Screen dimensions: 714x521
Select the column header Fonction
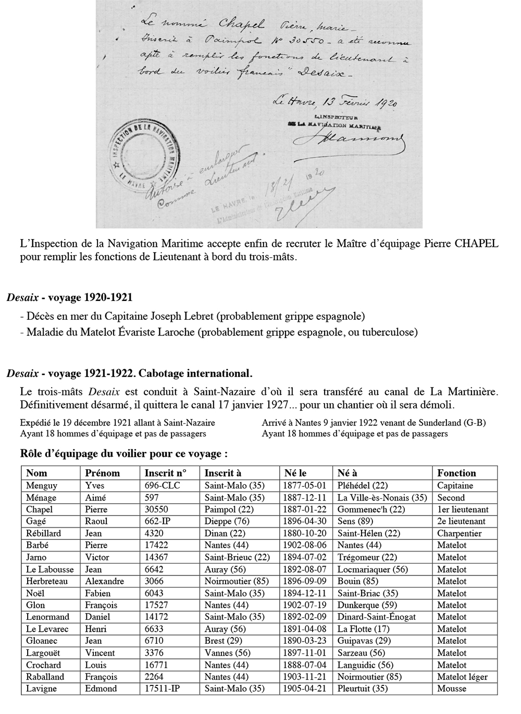[x=456, y=473]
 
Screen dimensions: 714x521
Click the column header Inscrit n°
[x=165, y=473]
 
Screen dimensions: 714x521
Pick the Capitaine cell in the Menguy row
[x=455, y=485]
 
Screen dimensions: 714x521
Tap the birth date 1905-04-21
[x=304, y=688]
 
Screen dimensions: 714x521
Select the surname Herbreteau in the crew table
[x=47, y=581]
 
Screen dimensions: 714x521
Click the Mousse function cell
[x=452, y=688]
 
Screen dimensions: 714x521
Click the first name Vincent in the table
[x=100, y=653]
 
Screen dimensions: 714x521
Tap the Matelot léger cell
[x=463, y=677]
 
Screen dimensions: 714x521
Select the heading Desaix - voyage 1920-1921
[x=70, y=298]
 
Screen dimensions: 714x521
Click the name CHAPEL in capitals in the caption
[x=477, y=244]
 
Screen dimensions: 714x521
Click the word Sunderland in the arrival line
[x=436, y=423]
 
